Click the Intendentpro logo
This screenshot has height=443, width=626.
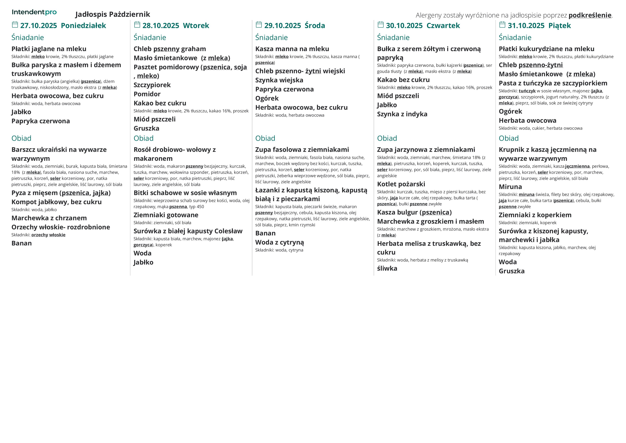click(x=34, y=12)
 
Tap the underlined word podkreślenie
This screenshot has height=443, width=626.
click(x=590, y=15)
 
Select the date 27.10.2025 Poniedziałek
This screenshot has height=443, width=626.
click(x=63, y=26)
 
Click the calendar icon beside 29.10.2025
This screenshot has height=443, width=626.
click(x=259, y=25)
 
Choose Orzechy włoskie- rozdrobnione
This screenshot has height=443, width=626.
click(x=60, y=227)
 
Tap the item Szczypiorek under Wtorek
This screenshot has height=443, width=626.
click(x=152, y=85)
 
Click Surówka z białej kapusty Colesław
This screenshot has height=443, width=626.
click(x=188, y=231)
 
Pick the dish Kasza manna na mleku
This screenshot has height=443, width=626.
click(x=292, y=49)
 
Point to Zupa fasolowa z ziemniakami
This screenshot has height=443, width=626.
click(x=302, y=150)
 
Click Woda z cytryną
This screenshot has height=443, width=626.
click(x=280, y=242)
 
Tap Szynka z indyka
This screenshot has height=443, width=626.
click(x=402, y=114)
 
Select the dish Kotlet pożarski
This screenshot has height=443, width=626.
click(x=401, y=184)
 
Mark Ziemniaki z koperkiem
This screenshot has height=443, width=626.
click(x=535, y=215)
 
